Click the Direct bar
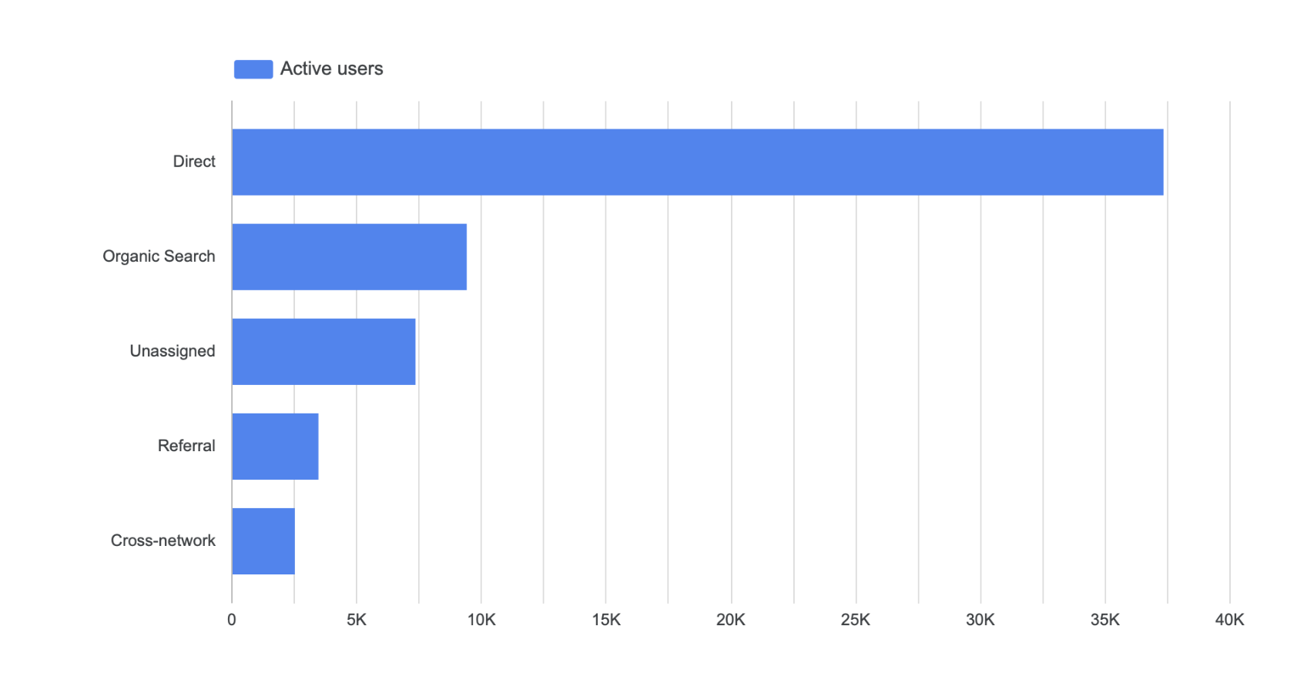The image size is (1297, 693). point(697,162)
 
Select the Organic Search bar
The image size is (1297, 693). point(349,256)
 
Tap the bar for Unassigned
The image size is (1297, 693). point(323,351)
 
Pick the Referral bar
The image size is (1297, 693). point(275,446)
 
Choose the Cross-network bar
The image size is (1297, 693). point(263,541)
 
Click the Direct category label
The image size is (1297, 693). point(194,162)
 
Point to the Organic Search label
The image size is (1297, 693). point(159,256)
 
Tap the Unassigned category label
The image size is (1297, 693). point(173,351)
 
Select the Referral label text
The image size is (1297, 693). point(186,446)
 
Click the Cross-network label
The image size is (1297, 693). point(163,541)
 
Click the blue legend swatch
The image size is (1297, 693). point(253,69)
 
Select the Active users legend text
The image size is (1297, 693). point(331,69)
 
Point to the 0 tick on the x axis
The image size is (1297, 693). point(232,620)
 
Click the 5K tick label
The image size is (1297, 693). point(357,620)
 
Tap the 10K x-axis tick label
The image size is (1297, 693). point(481,620)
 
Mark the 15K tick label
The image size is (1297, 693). point(606,620)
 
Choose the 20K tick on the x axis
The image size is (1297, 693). point(731,620)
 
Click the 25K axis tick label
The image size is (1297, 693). point(856,620)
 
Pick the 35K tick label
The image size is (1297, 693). point(1105,620)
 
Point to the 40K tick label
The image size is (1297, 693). point(1230,620)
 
